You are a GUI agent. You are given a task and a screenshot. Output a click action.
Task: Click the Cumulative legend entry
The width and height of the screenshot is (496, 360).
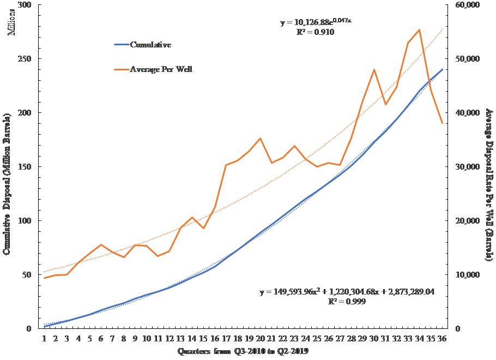pyautogui.click(x=150, y=45)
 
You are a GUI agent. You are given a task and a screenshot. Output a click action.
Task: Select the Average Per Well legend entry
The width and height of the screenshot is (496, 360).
pyautogui.click(x=161, y=69)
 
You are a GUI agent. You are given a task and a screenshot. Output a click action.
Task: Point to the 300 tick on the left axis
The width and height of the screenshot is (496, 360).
pyautogui.click(x=25, y=5)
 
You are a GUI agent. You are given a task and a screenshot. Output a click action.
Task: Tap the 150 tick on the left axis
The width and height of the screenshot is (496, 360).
pyautogui.click(x=25, y=167)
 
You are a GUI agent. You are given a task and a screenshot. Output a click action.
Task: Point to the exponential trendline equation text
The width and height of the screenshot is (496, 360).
pyautogui.click(x=314, y=23)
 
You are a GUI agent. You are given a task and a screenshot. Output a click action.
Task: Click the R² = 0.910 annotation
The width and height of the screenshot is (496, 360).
pyautogui.click(x=315, y=32)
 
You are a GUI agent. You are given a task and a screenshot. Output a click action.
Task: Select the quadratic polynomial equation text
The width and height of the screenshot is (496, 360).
pyautogui.click(x=347, y=292)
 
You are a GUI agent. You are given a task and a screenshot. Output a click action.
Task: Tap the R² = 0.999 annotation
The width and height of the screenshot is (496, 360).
pyautogui.click(x=347, y=301)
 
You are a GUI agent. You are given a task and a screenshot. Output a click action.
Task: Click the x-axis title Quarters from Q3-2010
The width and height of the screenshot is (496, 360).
pyautogui.click(x=243, y=352)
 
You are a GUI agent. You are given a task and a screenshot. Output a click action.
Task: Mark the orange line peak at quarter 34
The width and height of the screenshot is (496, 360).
pyautogui.click(x=419, y=30)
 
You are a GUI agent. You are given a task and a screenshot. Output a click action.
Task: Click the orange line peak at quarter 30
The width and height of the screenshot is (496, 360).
pyautogui.click(x=374, y=69)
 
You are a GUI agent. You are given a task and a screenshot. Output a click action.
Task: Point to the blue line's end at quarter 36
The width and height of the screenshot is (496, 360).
pyautogui.click(x=442, y=69)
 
